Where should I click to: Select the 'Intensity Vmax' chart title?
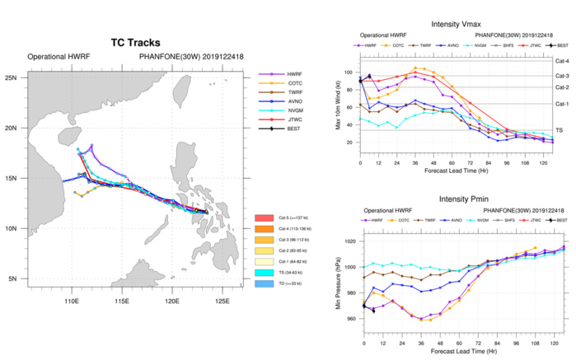pyautogui.click(x=463, y=23)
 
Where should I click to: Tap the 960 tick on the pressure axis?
pyautogui.click(x=352, y=318)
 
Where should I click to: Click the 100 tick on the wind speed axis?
pyautogui.click(x=352, y=72)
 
